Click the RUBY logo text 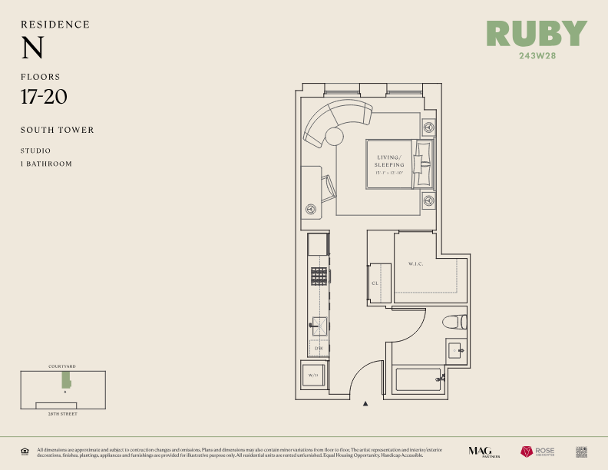pos(537,34)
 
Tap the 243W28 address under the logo pos(537,55)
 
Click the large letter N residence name pos(32,48)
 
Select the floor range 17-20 pos(45,97)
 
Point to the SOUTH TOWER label pos(58,130)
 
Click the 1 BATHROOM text pos(46,164)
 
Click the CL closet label pos(375,283)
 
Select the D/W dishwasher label pos(319,348)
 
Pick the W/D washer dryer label pos(313,376)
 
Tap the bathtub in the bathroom pos(418,379)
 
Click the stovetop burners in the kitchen pos(319,276)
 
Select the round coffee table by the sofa pos(335,137)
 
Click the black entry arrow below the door pos(365,403)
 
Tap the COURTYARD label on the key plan pos(62,367)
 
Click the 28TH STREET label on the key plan pos(62,413)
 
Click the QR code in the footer pos(581,452)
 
